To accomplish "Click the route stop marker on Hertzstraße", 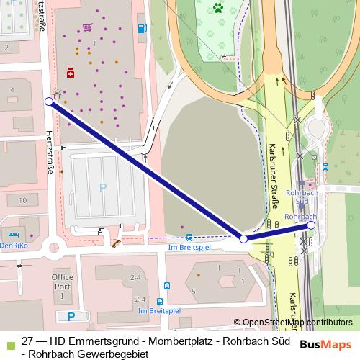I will (x=48, y=102).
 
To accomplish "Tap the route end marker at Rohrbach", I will (x=311, y=225).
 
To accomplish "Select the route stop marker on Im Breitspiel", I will (x=243, y=238).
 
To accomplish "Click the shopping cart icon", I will (x=87, y=27).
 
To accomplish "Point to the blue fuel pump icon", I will (x=141, y=29).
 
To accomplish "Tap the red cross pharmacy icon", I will (x=70, y=73).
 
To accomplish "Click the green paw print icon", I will (x=217, y=9).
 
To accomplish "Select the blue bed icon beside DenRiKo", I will (x=11, y=235).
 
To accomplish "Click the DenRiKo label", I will (x=14, y=245).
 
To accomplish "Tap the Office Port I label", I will (x=62, y=286).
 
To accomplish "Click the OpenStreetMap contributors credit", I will (x=297, y=322).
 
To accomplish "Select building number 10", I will (x=22, y=199).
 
